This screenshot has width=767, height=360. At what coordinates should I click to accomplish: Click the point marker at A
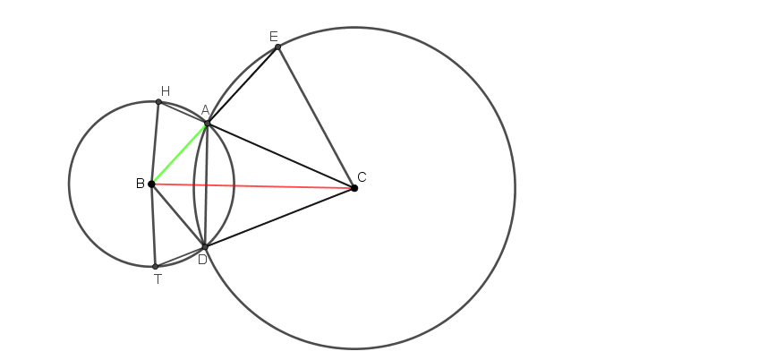(x=208, y=124)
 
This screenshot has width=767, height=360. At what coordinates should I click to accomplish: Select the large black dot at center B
(x=151, y=184)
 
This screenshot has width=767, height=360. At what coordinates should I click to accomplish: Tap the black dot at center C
(x=354, y=188)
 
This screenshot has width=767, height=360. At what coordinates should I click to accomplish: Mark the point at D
(x=205, y=246)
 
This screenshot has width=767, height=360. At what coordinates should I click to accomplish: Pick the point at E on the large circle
(x=277, y=47)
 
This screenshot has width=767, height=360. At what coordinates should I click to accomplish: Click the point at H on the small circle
(x=158, y=102)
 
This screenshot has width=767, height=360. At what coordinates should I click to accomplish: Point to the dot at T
(x=156, y=267)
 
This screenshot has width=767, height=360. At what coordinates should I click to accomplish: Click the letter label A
(x=206, y=110)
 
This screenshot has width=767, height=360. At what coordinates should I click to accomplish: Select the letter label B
(x=140, y=184)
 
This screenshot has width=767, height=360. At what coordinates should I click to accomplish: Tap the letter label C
(x=362, y=177)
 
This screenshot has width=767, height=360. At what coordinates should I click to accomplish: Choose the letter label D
(x=202, y=260)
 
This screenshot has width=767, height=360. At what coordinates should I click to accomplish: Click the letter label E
(x=274, y=37)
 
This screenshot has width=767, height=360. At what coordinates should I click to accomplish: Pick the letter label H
(x=166, y=91)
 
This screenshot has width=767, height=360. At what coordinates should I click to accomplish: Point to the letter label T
(x=158, y=279)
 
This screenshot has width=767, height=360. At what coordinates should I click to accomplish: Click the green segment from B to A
(x=180, y=154)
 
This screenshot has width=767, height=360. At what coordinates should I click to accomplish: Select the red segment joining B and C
(x=253, y=186)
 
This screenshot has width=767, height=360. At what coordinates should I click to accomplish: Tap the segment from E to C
(x=316, y=117)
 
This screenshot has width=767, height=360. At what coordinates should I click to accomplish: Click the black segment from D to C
(x=280, y=218)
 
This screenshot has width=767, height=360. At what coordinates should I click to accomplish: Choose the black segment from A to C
(x=281, y=156)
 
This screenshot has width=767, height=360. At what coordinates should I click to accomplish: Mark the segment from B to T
(x=154, y=225)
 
